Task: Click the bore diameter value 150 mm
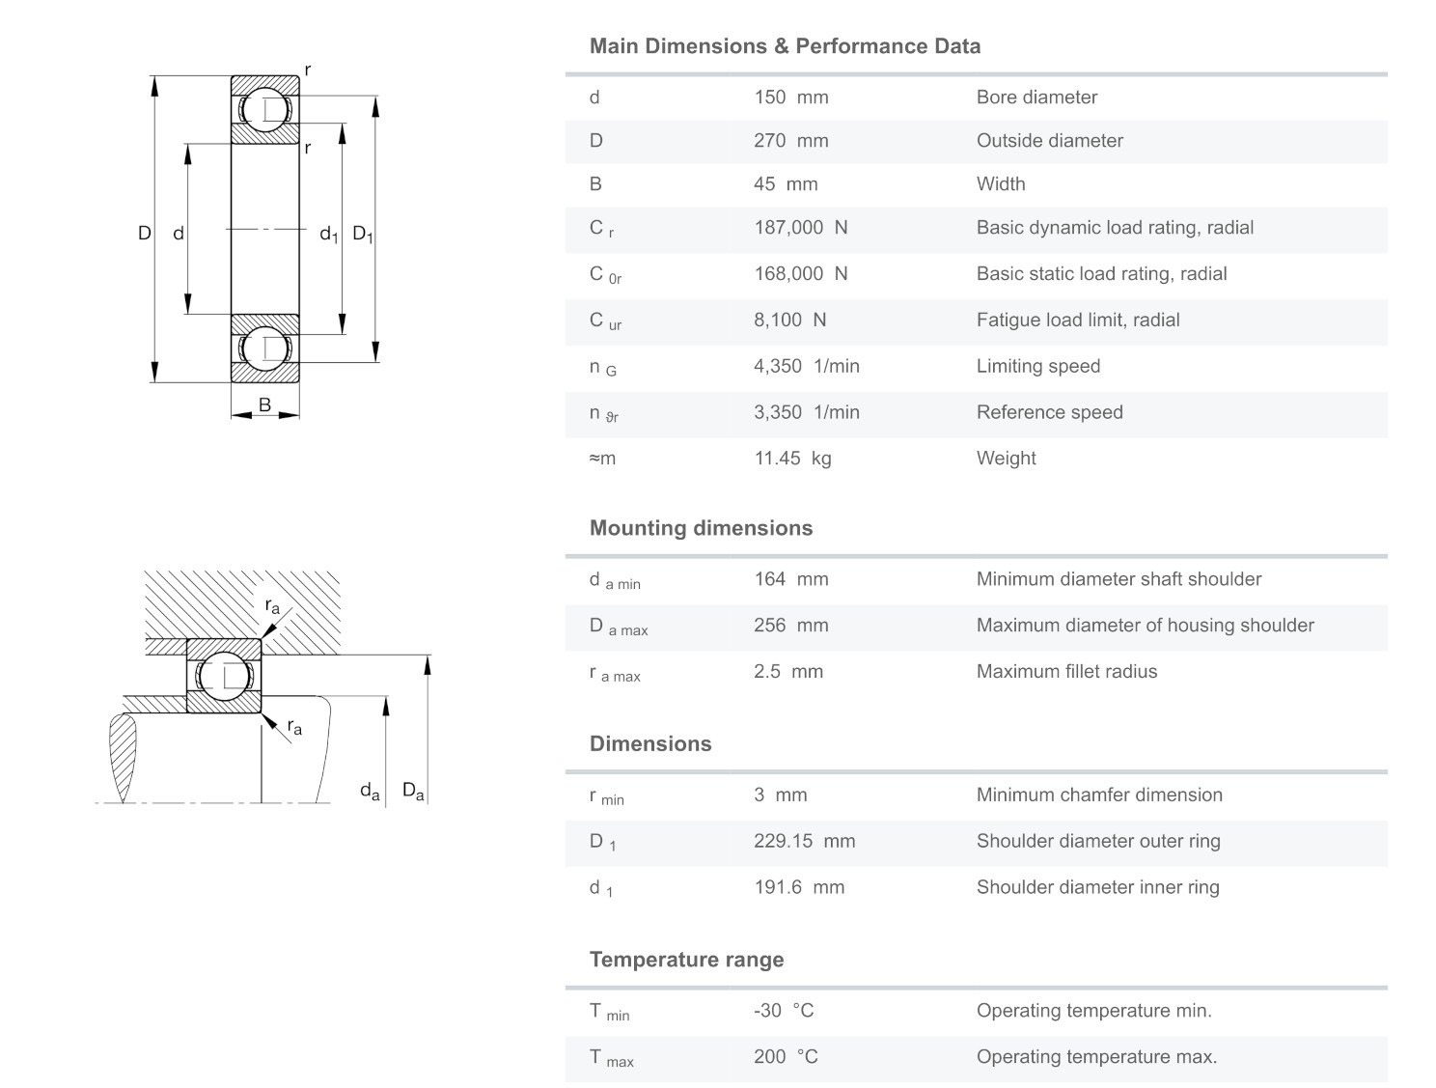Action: (x=790, y=98)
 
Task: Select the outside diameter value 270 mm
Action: (x=790, y=141)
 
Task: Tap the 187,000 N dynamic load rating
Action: (x=800, y=228)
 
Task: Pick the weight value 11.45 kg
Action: (x=792, y=459)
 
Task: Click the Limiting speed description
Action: (x=1037, y=366)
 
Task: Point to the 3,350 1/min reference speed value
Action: (x=806, y=412)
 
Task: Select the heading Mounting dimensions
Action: (x=701, y=528)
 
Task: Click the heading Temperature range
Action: (x=686, y=960)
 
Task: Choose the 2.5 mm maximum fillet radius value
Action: (x=787, y=672)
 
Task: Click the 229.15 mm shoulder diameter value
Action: (x=804, y=841)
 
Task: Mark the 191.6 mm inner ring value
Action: (x=798, y=887)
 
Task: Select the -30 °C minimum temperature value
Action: (x=784, y=1011)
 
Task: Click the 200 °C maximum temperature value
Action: (x=786, y=1057)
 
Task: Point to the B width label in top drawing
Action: (x=264, y=405)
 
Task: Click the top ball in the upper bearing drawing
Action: (x=264, y=109)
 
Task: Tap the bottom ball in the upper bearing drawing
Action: (x=264, y=349)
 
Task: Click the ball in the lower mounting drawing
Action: (x=223, y=676)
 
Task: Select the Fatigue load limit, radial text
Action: (x=1077, y=321)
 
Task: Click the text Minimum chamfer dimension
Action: (x=1098, y=795)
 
